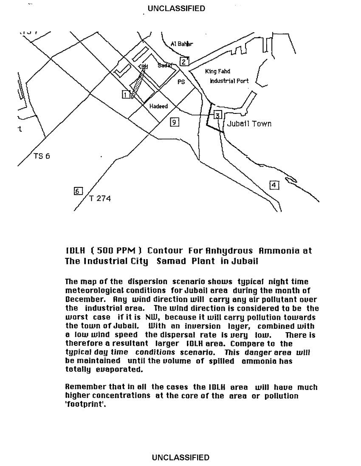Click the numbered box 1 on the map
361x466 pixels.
click(126, 94)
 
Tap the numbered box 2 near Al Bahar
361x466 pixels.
click(184, 61)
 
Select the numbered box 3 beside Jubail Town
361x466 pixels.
click(217, 115)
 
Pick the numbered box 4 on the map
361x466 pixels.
click(274, 185)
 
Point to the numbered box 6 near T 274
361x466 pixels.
click(78, 191)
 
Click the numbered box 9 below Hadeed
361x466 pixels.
click(174, 122)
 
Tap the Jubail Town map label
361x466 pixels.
click(249, 124)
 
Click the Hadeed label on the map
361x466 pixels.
click(158, 106)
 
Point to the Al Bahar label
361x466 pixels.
click(181, 44)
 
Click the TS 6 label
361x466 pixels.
click(42, 156)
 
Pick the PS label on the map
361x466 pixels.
click(181, 82)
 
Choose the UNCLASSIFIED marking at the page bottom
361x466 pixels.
click(180, 458)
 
